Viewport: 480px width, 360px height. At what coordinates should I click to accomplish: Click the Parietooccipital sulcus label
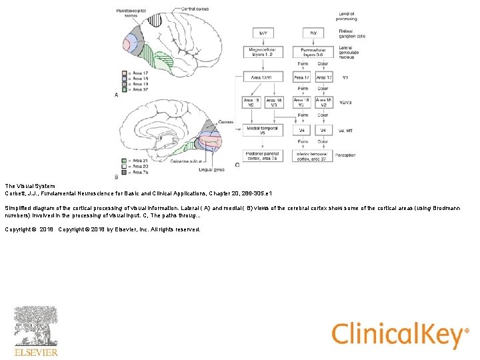pos(131,14)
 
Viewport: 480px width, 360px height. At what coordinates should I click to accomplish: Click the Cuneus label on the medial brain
pos(225,123)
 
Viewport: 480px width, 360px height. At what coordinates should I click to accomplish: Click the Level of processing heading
pos(347,16)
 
